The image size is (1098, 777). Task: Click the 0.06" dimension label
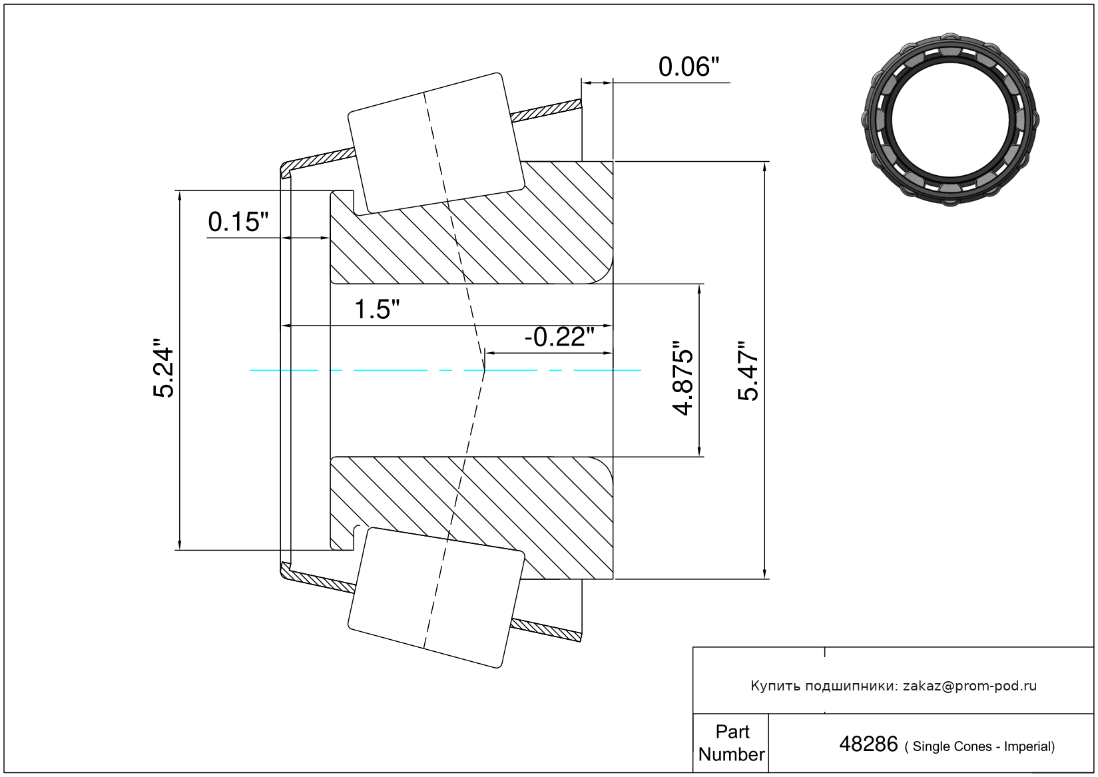click(688, 67)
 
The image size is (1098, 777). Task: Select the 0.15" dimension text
click(238, 222)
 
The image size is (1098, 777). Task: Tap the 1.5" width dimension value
click(377, 310)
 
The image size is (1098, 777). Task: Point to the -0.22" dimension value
click(559, 337)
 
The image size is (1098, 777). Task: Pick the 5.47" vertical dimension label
click(748, 371)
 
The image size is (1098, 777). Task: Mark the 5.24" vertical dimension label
click(164, 368)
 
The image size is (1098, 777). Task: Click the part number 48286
click(868, 744)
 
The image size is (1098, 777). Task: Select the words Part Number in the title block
click(732, 742)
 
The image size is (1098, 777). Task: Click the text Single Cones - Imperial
click(983, 746)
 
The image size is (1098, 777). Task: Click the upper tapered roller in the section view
click(436, 144)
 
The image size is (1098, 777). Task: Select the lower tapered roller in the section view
click(436, 597)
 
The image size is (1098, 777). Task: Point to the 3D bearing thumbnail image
click(950, 120)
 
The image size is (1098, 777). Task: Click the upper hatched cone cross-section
click(471, 223)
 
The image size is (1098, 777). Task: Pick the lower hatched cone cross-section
click(471, 518)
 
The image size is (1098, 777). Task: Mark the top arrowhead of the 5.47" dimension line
click(764, 166)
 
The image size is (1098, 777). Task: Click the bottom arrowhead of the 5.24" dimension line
click(180, 545)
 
